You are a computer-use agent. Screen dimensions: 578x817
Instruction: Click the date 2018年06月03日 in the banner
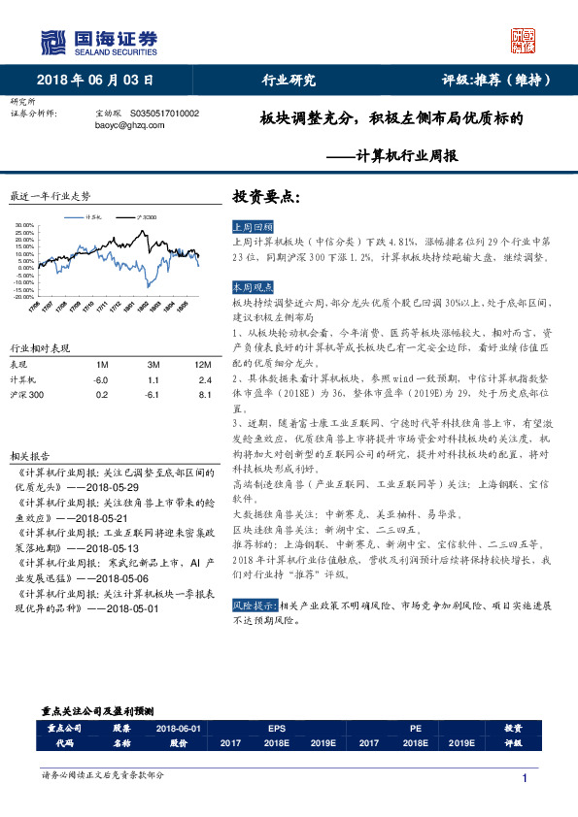[95, 81]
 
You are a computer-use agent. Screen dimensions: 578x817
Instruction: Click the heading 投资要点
[267, 196]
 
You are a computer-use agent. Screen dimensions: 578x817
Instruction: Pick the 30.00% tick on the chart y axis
[26, 226]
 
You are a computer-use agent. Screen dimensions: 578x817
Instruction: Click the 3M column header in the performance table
[153, 364]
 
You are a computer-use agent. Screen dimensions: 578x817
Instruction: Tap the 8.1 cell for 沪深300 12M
[204, 395]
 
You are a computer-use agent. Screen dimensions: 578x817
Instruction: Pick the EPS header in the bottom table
[277, 728]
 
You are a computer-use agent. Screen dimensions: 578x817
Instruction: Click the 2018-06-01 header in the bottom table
[179, 728]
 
